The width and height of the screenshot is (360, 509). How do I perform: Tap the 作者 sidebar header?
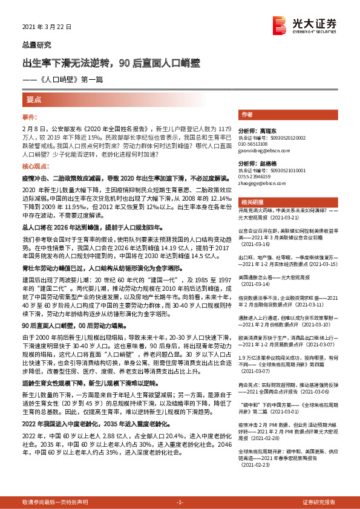click(x=247, y=114)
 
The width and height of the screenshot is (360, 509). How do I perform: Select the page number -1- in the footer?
click(x=180, y=502)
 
